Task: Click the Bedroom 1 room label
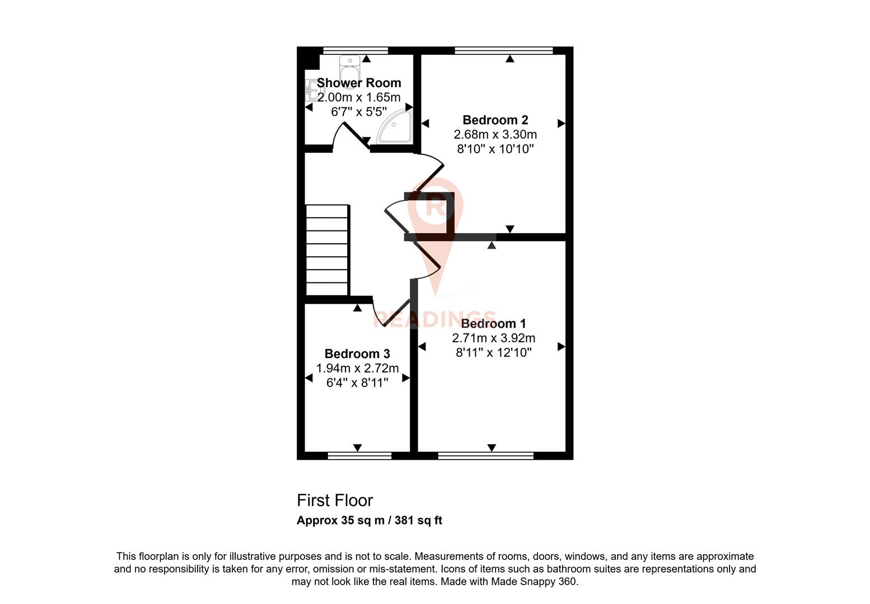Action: point(493,324)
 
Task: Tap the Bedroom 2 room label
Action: point(495,120)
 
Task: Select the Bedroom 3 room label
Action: point(357,354)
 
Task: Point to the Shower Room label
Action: point(359,83)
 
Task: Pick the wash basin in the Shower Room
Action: point(311,90)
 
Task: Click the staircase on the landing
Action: point(327,249)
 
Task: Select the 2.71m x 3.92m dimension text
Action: point(493,338)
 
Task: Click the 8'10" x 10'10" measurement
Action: point(495,149)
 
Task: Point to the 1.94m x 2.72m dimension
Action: point(357,369)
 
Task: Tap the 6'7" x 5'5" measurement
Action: point(359,112)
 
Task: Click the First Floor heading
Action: point(334,501)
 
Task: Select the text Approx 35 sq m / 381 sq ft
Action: point(369,521)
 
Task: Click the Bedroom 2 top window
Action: point(504,50)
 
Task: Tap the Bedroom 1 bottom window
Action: point(485,456)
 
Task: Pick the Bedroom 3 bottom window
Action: point(359,456)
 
